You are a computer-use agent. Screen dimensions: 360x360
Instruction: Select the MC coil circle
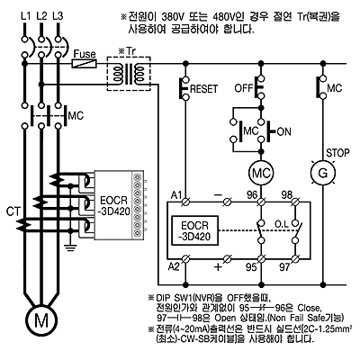coord(261,173)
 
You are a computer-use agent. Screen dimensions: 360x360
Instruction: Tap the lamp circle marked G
coord(322,173)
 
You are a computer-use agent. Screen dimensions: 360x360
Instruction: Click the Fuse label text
coord(85,54)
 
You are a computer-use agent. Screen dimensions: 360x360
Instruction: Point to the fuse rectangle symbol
coord(85,64)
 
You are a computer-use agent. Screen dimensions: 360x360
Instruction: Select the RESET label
coord(204,89)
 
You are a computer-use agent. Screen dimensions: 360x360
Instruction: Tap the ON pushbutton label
coord(283,131)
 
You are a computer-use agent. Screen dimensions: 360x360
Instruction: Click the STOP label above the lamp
coord(337,153)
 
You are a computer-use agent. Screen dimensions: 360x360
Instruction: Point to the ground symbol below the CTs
coord(70,247)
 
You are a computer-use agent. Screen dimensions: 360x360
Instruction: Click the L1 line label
coord(26,16)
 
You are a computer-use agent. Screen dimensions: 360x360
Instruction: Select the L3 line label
coord(58,16)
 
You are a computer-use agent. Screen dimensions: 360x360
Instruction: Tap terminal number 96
coord(252,195)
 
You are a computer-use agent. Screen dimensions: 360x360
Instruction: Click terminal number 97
coord(284,266)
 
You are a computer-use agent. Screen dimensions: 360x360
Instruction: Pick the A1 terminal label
coord(176,195)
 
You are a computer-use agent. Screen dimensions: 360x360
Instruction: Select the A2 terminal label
coord(174,266)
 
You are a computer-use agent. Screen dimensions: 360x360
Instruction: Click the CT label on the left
coord(13,212)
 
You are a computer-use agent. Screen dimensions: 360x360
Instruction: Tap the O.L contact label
coord(282,224)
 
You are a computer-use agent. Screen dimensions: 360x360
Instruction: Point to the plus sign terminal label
coord(219,266)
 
